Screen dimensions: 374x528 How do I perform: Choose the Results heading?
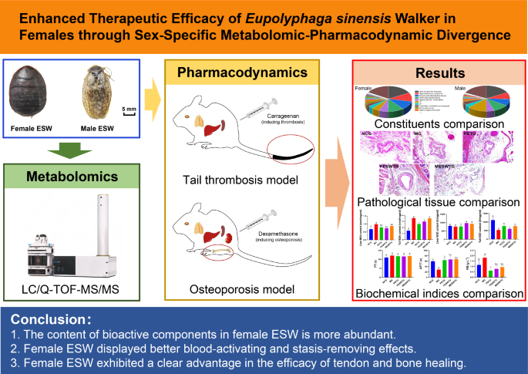click(437, 73)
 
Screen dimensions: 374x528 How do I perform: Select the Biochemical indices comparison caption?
click(437, 292)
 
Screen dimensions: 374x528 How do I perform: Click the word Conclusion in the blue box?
click(52, 319)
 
